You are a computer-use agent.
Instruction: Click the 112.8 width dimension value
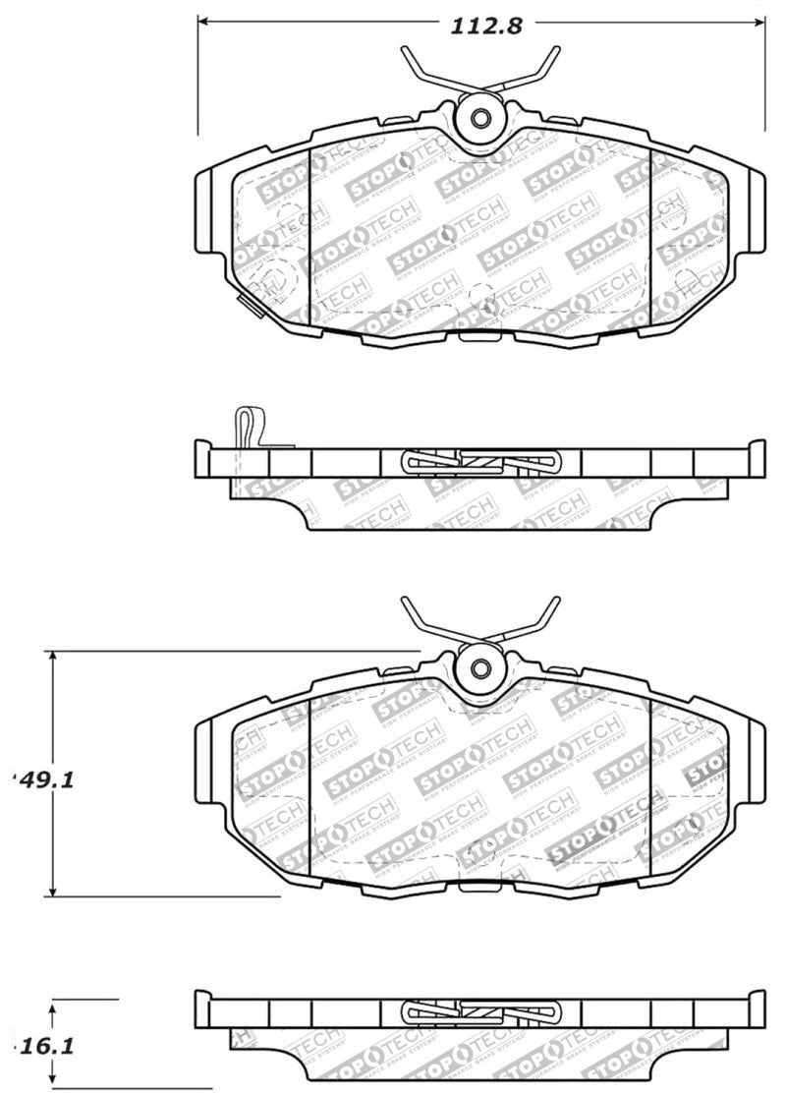pyautogui.click(x=486, y=27)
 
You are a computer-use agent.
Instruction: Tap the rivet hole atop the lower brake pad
pyautogui.click(x=480, y=668)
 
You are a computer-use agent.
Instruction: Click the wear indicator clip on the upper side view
pyautogui.click(x=247, y=428)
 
